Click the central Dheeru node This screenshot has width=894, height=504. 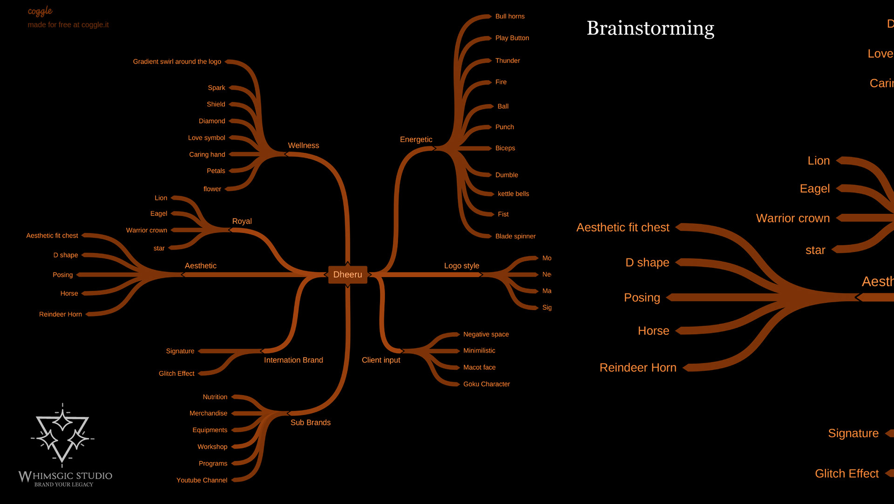[x=347, y=274]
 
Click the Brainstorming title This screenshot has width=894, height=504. [x=650, y=28]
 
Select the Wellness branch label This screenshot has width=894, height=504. [x=303, y=145]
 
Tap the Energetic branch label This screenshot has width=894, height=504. [x=416, y=139]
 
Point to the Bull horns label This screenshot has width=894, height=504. [x=510, y=16]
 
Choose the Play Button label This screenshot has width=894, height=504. [x=512, y=38]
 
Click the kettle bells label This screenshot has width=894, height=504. [x=513, y=194]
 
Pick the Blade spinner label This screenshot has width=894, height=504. [x=515, y=236]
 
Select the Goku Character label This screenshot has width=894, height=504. [x=486, y=384]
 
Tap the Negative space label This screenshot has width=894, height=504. [x=486, y=334]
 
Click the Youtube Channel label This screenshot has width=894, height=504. [x=202, y=480]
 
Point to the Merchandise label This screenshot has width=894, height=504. [x=208, y=413]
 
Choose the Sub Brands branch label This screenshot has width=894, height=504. [x=310, y=422]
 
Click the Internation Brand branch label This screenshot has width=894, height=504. [x=293, y=360]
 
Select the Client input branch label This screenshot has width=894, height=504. [x=381, y=360]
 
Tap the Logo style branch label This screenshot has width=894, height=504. [x=461, y=266]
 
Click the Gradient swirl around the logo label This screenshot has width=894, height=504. [x=177, y=61]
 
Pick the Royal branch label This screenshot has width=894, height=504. [x=242, y=221]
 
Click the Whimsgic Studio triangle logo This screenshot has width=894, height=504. [x=62, y=436]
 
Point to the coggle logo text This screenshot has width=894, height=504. [x=40, y=11]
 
